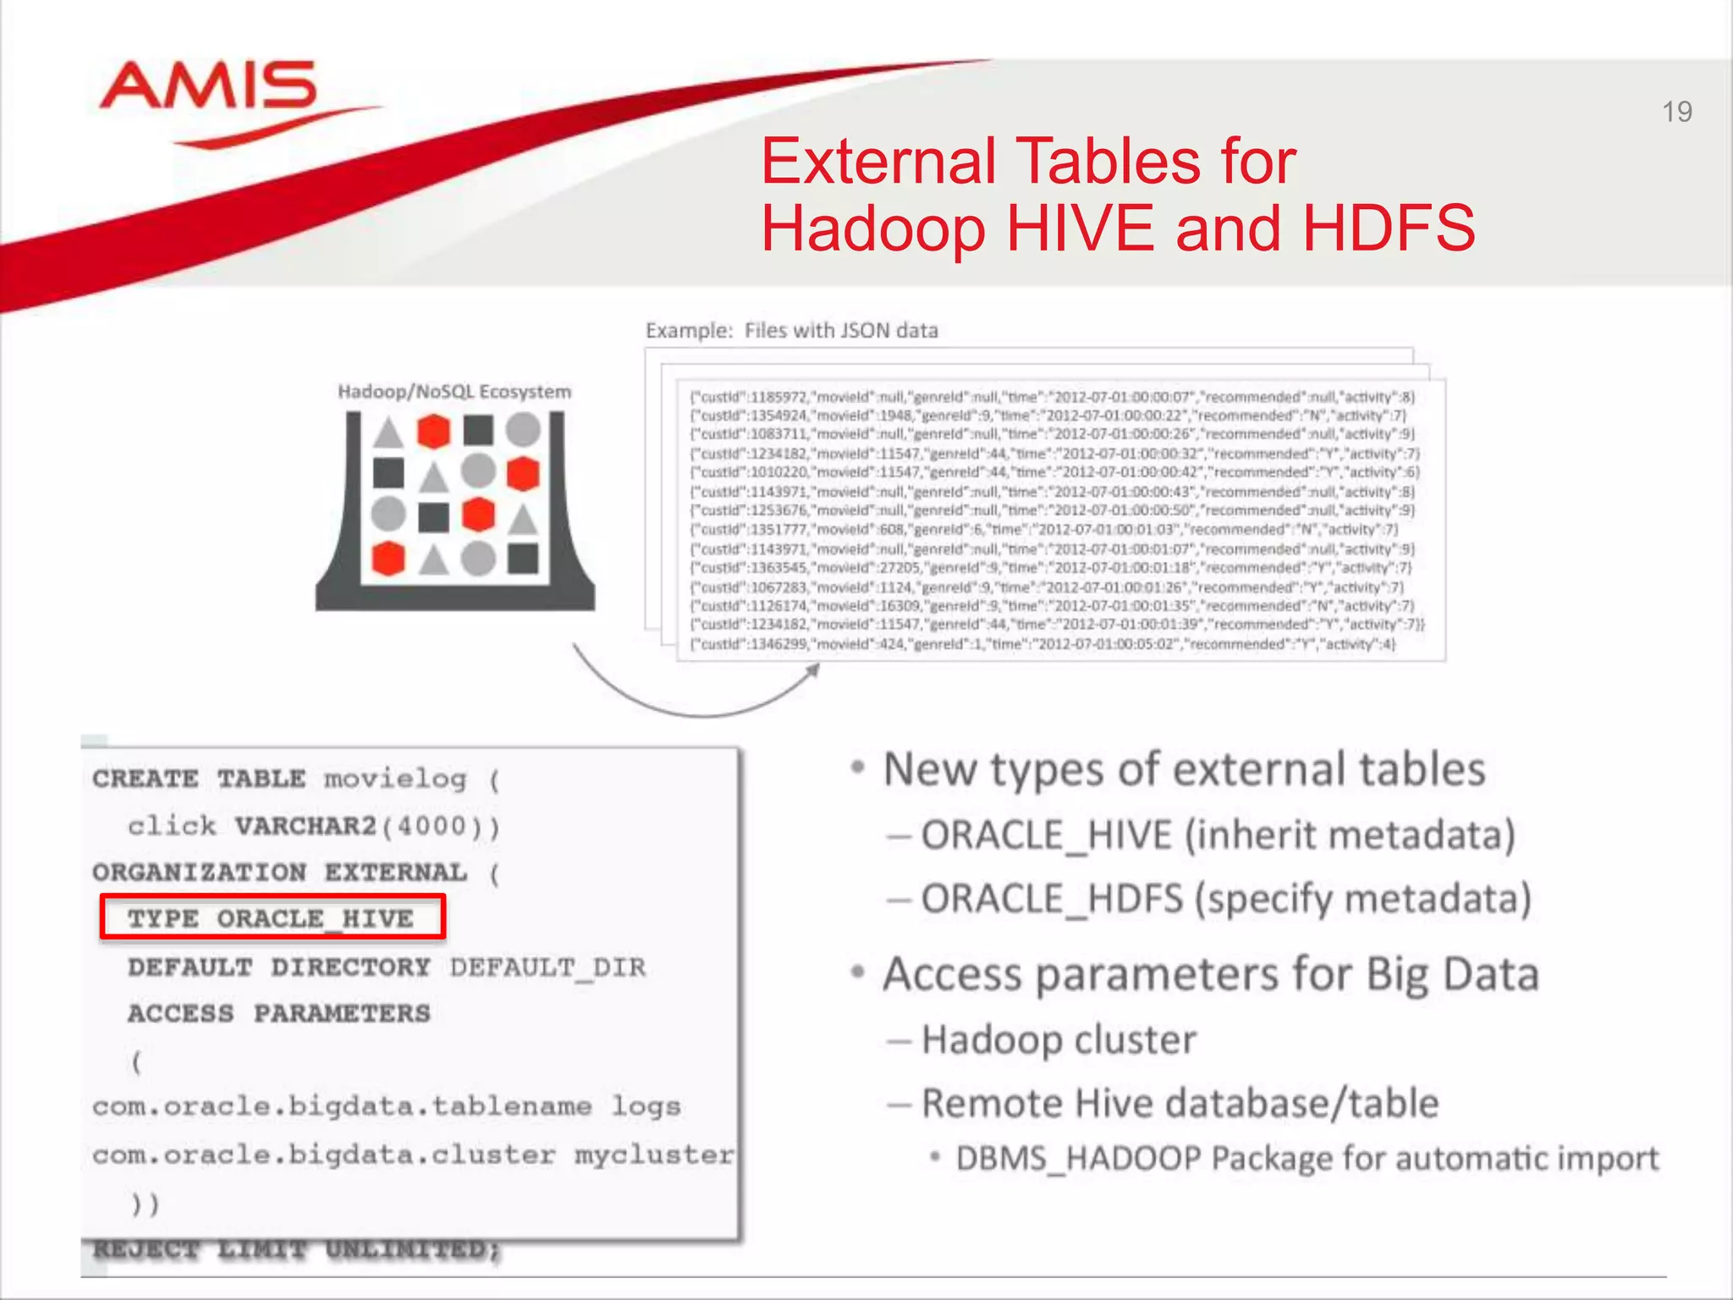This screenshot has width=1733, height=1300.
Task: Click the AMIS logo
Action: point(208,90)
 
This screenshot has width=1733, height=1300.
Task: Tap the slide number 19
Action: point(1676,112)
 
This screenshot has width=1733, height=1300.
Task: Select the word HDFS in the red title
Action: point(1389,229)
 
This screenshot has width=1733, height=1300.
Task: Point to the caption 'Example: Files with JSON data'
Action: point(791,330)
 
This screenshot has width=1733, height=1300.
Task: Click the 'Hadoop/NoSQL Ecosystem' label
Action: point(454,391)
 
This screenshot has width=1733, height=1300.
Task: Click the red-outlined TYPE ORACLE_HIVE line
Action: point(272,918)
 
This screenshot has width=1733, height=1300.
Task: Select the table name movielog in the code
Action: point(395,779)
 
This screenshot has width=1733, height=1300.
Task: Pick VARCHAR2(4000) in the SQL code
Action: point(367,825)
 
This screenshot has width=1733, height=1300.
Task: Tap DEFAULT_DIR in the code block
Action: point(547,967)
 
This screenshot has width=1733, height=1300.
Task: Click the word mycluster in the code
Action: point(654,1154)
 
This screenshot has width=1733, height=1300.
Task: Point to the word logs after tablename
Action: point(646,1106)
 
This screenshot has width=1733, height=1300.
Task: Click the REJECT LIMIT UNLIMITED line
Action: point(296,1249)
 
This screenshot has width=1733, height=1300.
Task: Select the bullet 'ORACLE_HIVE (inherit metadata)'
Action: point(1218,835)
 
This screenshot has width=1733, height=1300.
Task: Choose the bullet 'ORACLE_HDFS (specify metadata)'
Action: point(1226,899)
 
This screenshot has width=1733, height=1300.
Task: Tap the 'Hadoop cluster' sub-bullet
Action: point(1059,1040)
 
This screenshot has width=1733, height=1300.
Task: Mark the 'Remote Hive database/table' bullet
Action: point(1180,1104)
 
